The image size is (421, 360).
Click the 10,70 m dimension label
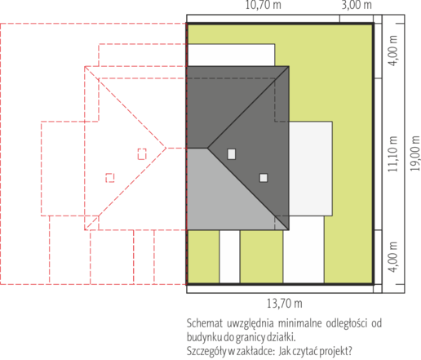coord(264,5)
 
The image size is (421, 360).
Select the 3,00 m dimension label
coord(357,5)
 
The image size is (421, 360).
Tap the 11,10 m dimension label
coord(392,154)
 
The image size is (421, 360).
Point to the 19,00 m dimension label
coord(415,153)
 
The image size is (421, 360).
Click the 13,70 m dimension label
coord(285,304)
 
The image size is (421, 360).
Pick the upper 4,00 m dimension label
coord(392,51)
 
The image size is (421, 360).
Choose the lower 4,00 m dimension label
coord(392,257)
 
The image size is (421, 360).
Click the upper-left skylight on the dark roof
coord(232,154)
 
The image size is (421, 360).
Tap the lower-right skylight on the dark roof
coord(264,178)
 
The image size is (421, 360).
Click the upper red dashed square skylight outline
coord(142,154)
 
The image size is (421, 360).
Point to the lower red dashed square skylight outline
coord(110,178)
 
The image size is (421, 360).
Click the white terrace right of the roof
coord(311,169)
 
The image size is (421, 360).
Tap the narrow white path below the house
coord(229,257)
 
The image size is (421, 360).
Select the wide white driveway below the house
coord(304,250)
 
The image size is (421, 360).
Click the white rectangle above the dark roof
coord(231,55)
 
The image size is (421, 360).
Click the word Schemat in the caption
coord(203,323)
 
